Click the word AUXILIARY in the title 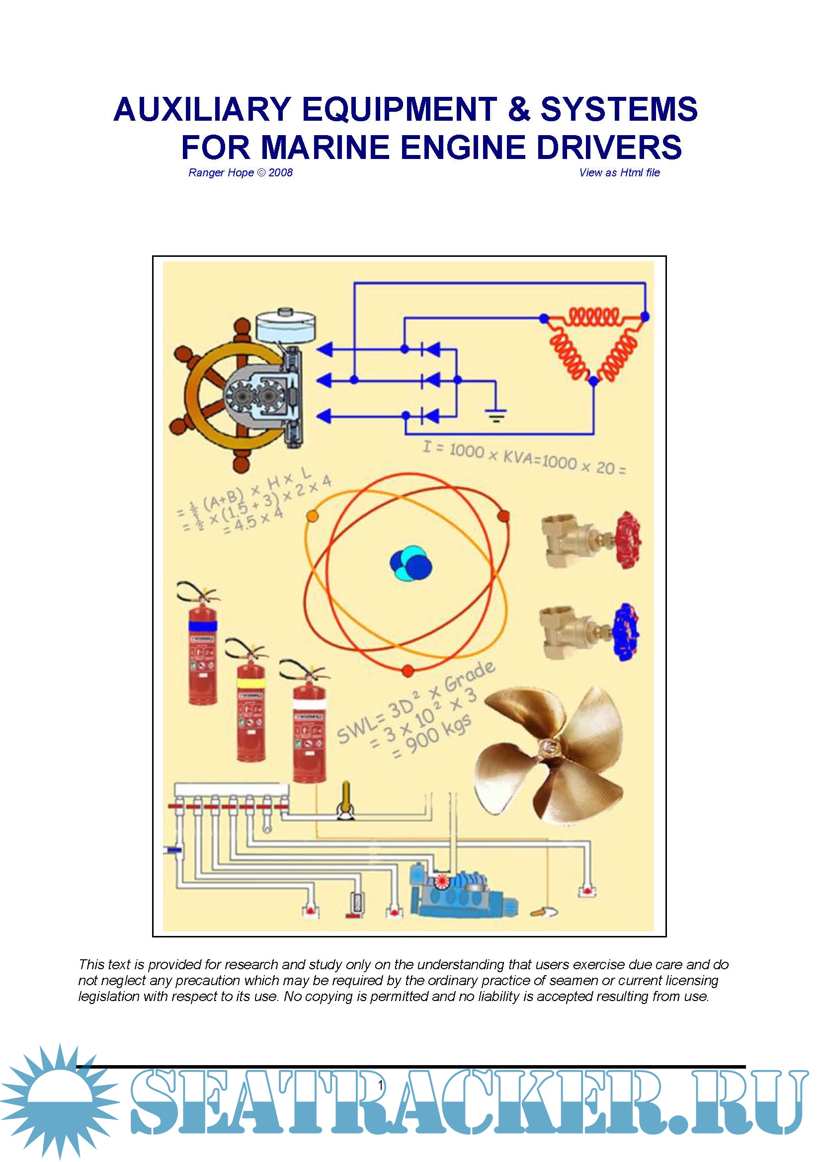pyautogui.click(x=202, y=109)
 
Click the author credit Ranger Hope pyautogui.click(x=221, y=172)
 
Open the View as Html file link pyautogui.click(x=620, y=172)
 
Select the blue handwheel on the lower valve pyautogui.click(x=626, y=632)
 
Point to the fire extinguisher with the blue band pyautogui.click(x=202, y=644)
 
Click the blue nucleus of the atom pyautogui.click(x=411, y=563)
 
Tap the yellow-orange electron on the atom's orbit pyautogui.click(x=313, y=516)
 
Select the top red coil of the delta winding pyautogui.click(x=593, y=317)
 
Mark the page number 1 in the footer pyautogui.click(x=380, y=1085)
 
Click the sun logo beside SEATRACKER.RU pyautogui.click(x=60, y=1101)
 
